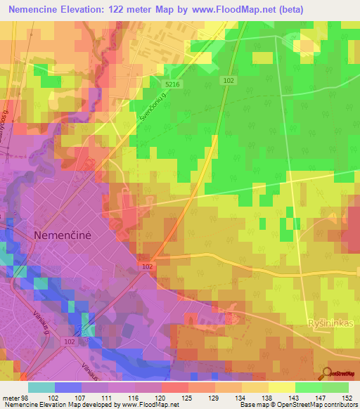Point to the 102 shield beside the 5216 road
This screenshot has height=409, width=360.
pos(229,81)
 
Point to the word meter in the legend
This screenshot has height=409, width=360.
pos(9,398)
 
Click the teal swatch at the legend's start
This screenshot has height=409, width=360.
pos(41,387)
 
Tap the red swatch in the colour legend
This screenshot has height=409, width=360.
pos(174,387)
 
